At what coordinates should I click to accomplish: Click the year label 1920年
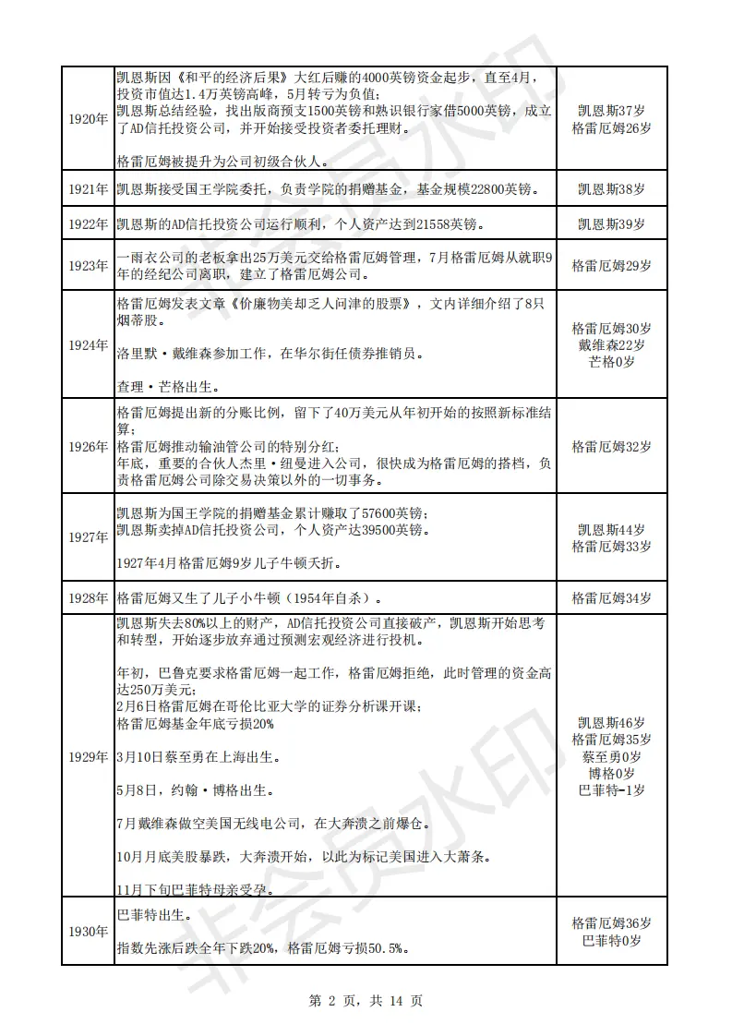(88, 119)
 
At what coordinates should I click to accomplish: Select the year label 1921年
(88, 189)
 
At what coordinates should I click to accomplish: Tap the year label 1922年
(88, 223)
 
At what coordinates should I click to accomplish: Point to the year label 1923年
(88, 266)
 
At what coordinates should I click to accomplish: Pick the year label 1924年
(88, 345)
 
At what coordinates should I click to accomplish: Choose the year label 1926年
(88, 447)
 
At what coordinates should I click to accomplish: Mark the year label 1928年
(88, 597)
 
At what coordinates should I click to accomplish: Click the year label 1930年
(88, 931)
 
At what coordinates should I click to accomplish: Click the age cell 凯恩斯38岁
(611, 189)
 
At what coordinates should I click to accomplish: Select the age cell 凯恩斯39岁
(611, 223)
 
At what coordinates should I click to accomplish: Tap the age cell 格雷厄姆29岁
(611, 266)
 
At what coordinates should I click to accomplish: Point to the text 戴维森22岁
(611, 345)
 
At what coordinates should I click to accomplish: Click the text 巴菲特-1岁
(611, 790)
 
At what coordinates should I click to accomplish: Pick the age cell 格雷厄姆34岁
(611, 597)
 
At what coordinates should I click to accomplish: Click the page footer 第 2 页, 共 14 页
(366, 1000)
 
